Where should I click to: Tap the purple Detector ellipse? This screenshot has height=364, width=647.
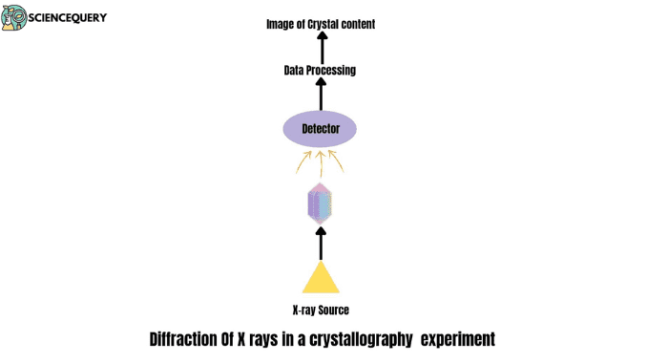(x=321, y=129)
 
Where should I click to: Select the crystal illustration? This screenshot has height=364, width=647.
(x=320, y=203)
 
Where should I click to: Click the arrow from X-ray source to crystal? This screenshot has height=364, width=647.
(x=321, y=243)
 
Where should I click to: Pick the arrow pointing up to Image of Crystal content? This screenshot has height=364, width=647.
(x=321, y=47)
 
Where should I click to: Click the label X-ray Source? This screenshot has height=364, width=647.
(x=321, y=310)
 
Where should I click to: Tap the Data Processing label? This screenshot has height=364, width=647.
(x=321, y=71)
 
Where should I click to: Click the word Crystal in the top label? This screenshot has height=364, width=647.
(x=327, y=24)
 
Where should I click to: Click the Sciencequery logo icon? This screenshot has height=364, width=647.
(x=14, y=17)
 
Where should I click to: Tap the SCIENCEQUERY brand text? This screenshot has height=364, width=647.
(x=68, y=17)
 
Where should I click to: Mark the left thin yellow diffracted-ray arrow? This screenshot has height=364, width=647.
(x=302, y=161)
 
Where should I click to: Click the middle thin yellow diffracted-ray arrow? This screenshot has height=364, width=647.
(x=321, y=160)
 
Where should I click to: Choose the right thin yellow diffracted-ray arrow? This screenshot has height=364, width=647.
(x=340, y=161)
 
